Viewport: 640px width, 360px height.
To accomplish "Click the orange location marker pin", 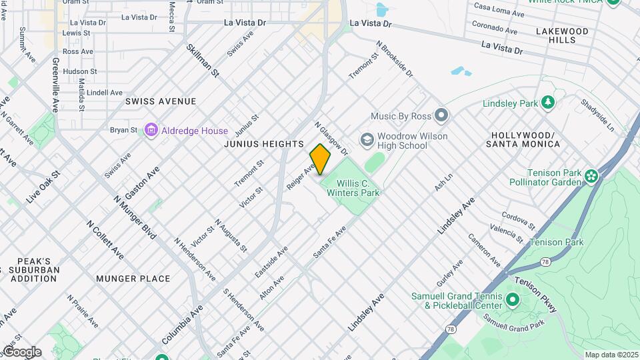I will (x=320, y=159).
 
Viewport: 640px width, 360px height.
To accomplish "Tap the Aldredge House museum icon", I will (x=151, y=131).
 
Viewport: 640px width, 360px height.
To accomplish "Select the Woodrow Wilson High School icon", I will (x=366, y=140).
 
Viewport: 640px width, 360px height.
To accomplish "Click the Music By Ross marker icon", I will (x=440, y=116).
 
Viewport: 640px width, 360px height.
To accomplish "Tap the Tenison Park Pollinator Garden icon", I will (x=591, y=176).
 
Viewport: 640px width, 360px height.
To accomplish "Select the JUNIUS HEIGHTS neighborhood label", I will (x=264, y=144).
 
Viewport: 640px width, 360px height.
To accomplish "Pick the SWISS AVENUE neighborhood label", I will (x=161, y=101).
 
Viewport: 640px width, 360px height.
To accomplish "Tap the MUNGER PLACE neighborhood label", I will (x=133, y=279).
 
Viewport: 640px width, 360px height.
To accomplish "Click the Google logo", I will (x=21, y=352).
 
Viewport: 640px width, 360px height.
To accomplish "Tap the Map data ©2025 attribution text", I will (x=611, y=355).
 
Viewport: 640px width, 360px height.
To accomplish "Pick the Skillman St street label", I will (x=203, y=60).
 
